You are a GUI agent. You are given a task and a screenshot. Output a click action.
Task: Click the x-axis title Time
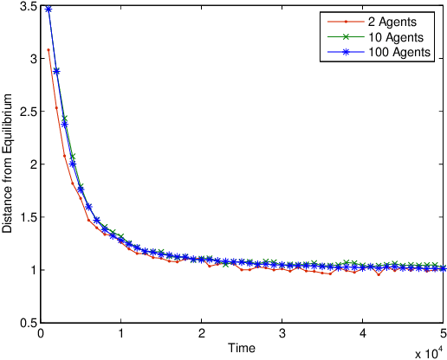tap(242, 348)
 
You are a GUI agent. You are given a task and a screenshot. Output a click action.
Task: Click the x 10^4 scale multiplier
tap(429, 353)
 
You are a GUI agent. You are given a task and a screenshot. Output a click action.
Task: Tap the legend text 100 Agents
tap(393, 54)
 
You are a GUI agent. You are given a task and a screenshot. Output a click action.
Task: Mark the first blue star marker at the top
tap(49, 9)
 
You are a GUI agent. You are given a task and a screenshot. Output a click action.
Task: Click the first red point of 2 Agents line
tap(49, 50)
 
